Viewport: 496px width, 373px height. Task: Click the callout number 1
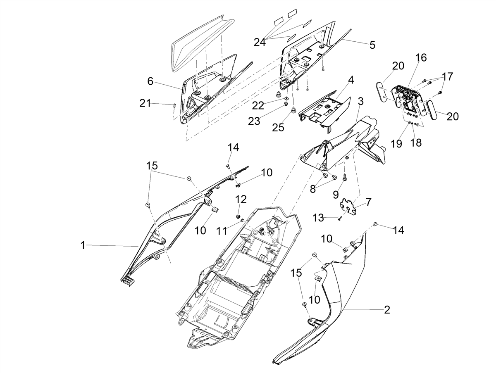[83, 245]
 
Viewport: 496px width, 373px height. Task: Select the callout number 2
[387, 310]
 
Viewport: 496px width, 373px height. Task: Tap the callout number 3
[361, 101]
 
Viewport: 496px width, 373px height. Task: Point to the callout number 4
[351, 80]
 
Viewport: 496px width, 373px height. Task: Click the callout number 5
[372, 45]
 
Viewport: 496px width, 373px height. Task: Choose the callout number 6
[150, 81]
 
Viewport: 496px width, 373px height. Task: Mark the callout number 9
[336, 194]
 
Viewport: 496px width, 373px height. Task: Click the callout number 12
[241, 200]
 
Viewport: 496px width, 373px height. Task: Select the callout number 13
[318, 219]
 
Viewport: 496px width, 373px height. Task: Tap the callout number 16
[421, 58]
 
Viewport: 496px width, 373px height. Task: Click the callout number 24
[260, 42]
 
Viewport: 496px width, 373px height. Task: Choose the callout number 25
[278, 128]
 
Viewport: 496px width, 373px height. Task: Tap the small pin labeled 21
[174, 105]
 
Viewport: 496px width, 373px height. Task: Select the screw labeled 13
[339, 219]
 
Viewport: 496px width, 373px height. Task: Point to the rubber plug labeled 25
[294, 111]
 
